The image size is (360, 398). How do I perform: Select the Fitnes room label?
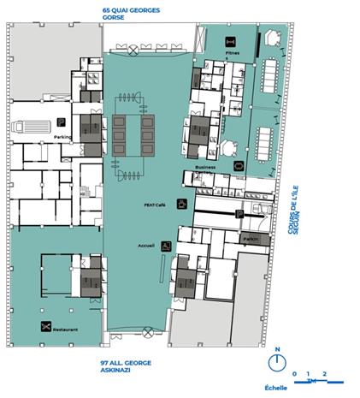coord(232,53)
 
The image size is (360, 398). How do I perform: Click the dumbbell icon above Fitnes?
coord(231,41)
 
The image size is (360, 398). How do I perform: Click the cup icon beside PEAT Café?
coord(181,204)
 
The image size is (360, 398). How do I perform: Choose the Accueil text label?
coord(146,246)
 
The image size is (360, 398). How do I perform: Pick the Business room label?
coord(205,167)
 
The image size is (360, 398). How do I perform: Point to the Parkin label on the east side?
coord(251,240)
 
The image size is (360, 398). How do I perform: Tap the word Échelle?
coord(276,387)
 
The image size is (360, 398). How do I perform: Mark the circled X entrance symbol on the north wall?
coord(133,51)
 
